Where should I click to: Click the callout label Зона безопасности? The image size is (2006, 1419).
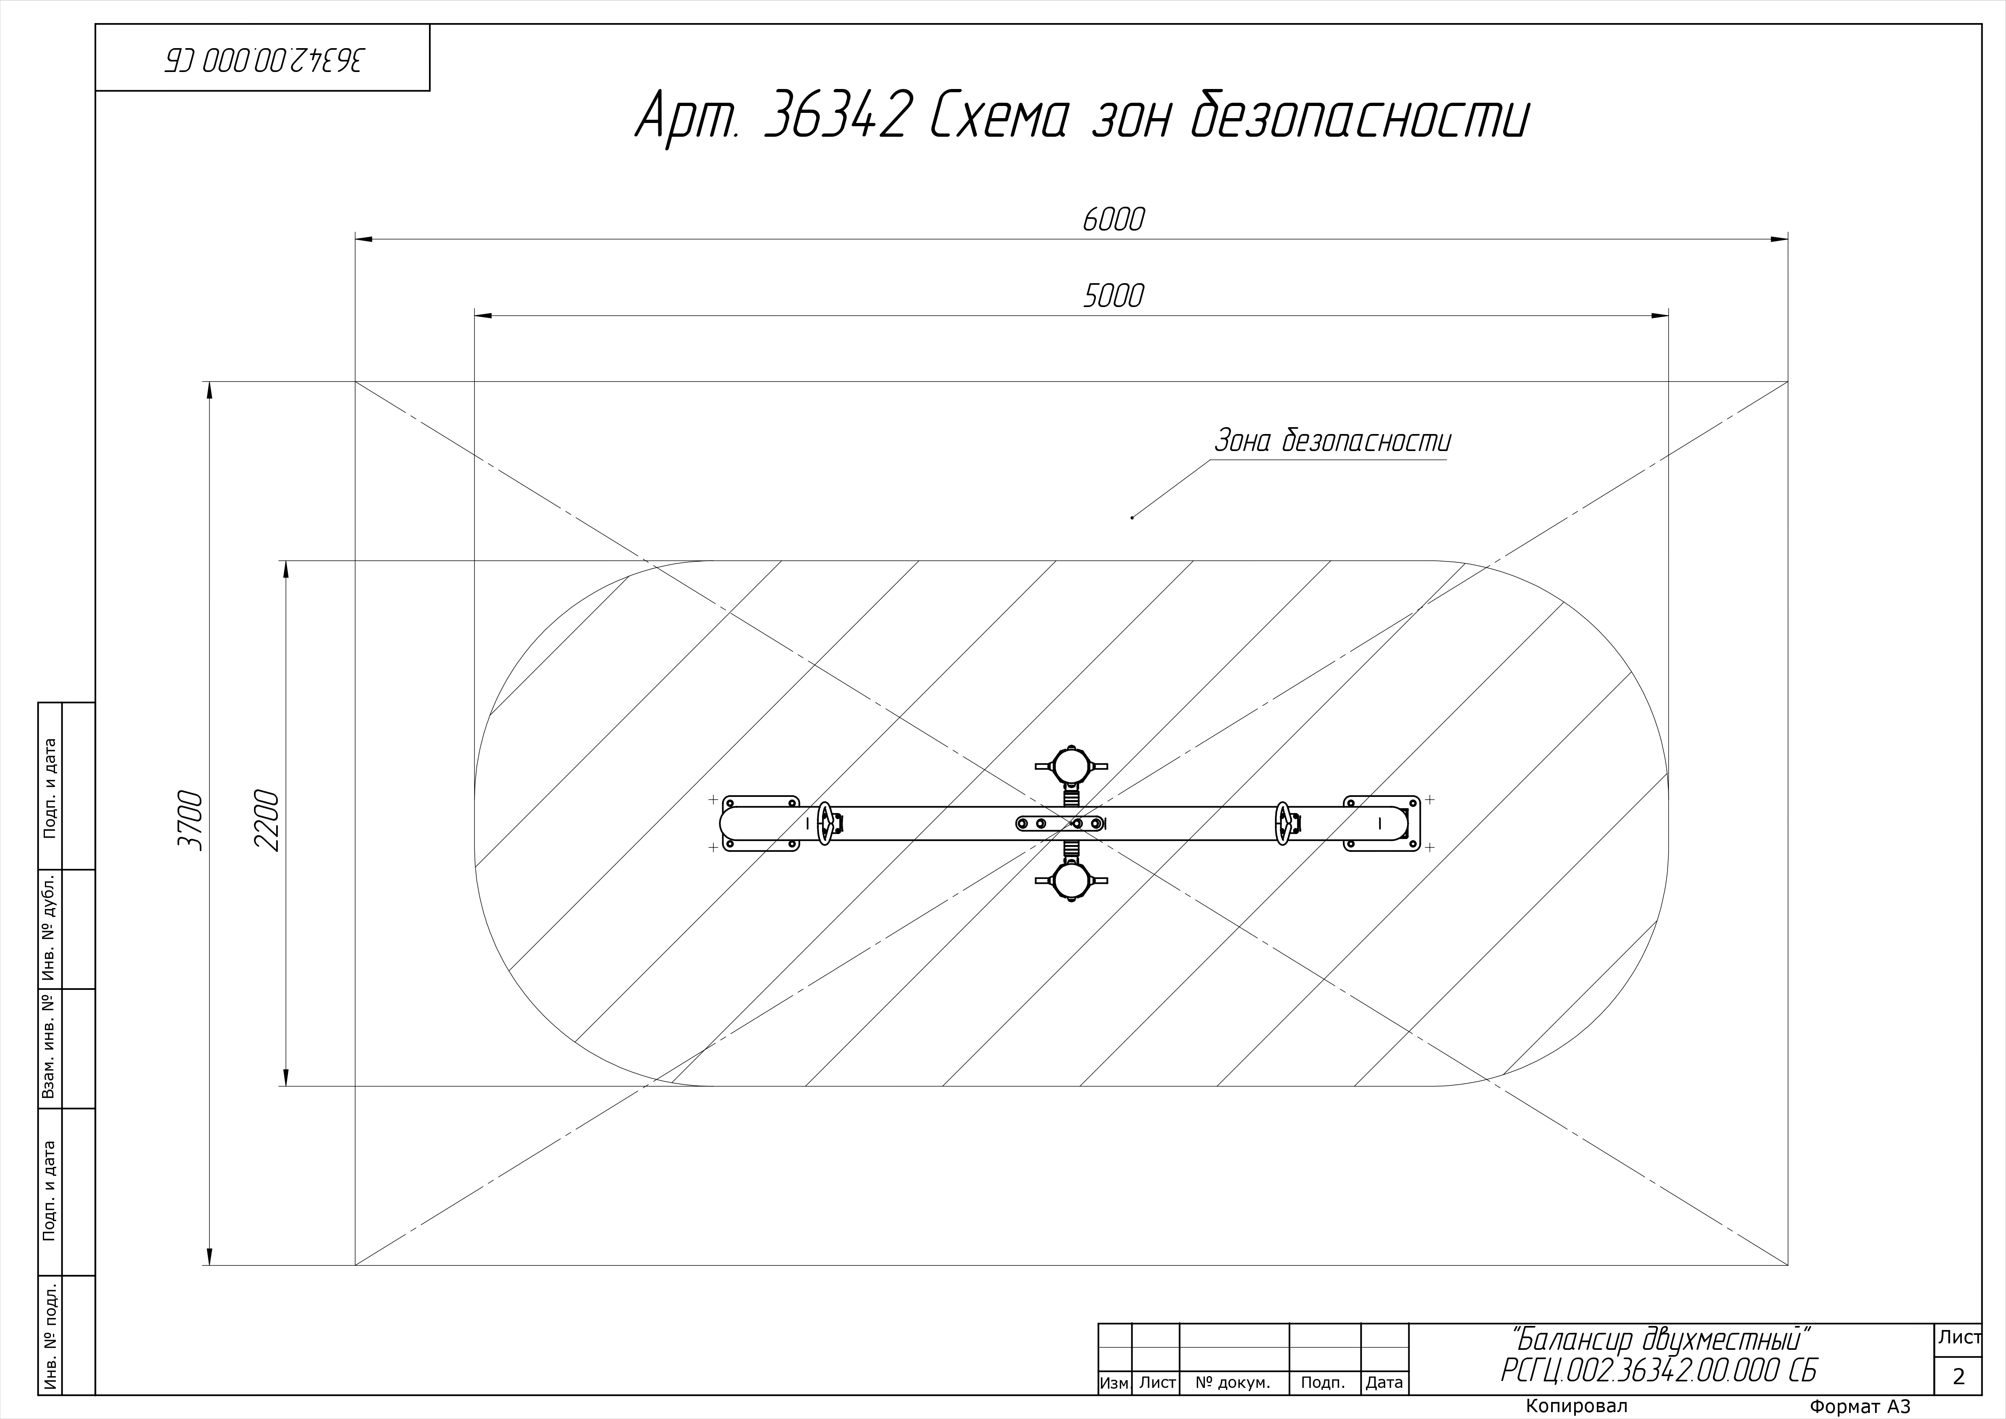[x=1332, y=441]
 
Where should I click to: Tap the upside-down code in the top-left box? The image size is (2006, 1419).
[x=264, y=59]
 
